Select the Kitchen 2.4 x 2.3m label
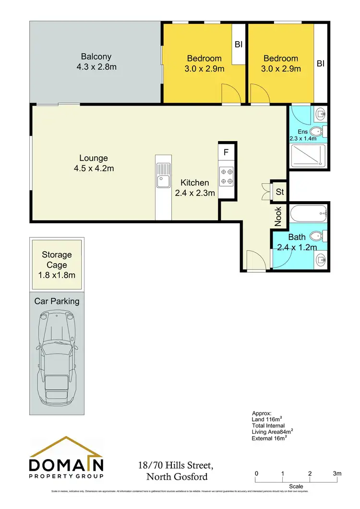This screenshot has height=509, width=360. (194, 188)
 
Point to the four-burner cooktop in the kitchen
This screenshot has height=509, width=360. (226, 176)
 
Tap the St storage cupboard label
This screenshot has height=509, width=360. (280, 192)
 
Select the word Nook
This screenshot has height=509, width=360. (278, 216)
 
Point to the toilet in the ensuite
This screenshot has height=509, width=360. (317, 132)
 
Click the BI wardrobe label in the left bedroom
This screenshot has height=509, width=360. (238, 44)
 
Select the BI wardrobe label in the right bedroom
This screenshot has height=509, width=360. (320, 63)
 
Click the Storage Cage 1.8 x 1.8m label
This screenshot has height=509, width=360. (57, 265)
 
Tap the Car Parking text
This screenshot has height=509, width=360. (57, 301)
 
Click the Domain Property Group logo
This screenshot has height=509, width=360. (67, 458)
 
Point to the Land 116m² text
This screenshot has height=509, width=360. (272, 419)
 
